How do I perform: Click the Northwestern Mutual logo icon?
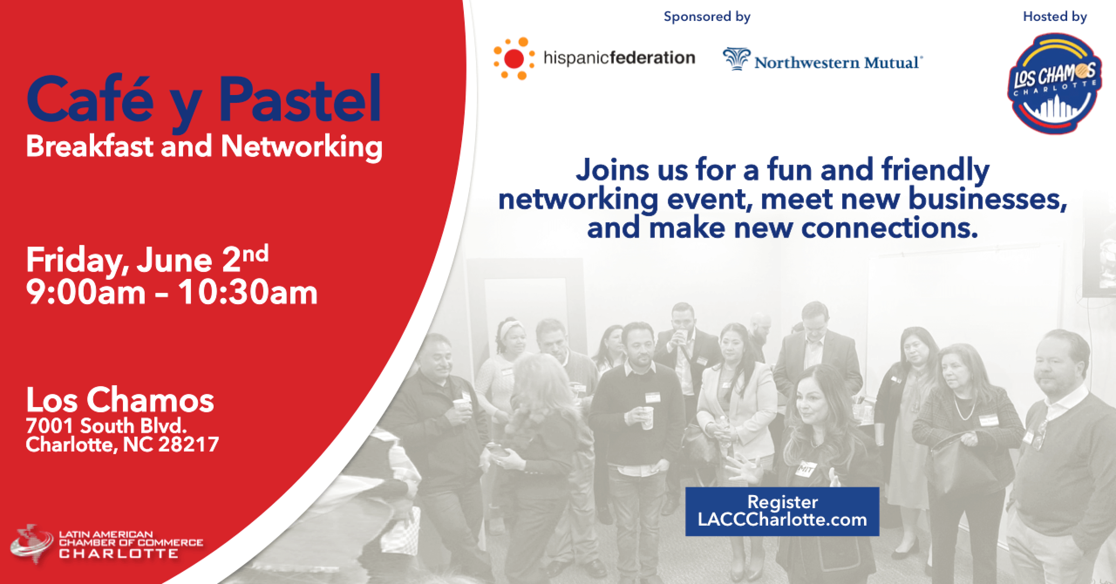tap(737, 59)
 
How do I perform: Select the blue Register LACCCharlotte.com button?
tap(782, 512)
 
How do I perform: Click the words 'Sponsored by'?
tap(707, 17)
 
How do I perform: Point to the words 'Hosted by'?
tap(1055, 17)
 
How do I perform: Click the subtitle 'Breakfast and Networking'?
tap(204, 147)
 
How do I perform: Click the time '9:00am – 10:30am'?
tap(172, 292)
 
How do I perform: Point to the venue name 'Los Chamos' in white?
tap(120, 401)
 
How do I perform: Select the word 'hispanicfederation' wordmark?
tap(619, 58)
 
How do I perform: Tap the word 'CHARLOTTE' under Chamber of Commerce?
tap(119, 554)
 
